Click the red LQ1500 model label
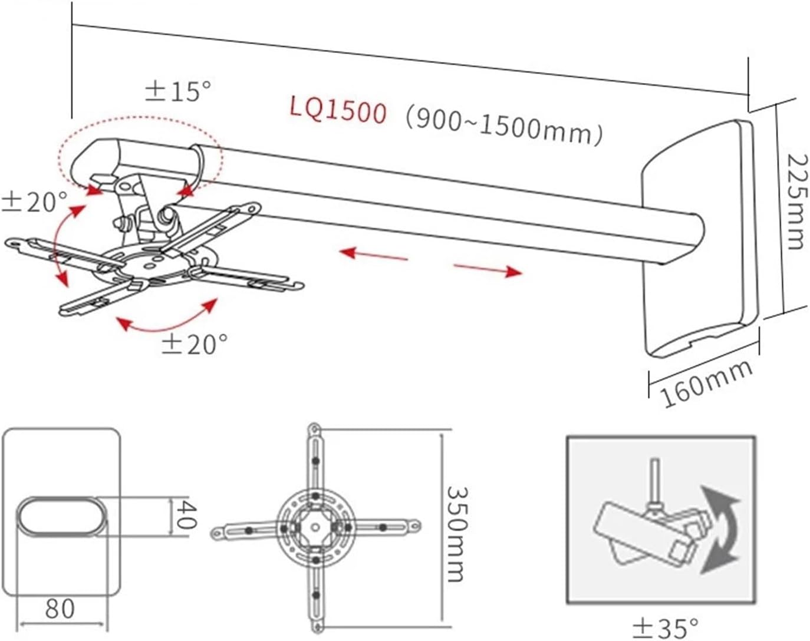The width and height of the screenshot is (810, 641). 338,110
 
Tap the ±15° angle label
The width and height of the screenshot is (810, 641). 178,91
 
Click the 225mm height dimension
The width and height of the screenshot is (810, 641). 795,201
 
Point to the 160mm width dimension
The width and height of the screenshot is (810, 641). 706,382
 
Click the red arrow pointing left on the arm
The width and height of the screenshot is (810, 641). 374,255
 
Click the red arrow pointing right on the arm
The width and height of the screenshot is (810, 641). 488,269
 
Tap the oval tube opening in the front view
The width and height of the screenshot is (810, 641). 63,516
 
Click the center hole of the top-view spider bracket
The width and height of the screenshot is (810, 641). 315,527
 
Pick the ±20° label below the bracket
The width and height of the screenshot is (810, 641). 195,343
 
